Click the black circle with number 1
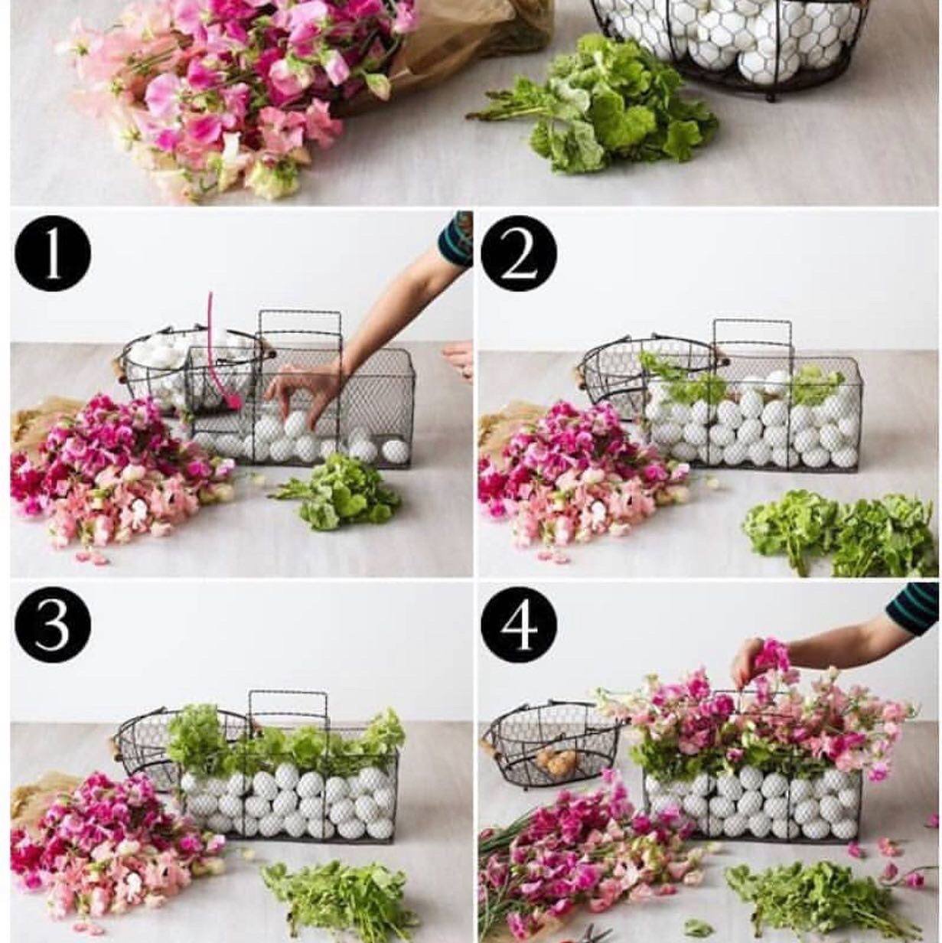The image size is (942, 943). tap(53, 254)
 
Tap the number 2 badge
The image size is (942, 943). tap(519, 254)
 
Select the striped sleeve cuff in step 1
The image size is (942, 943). tap(456, 240)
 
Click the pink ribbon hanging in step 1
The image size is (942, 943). tap(220, 352)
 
